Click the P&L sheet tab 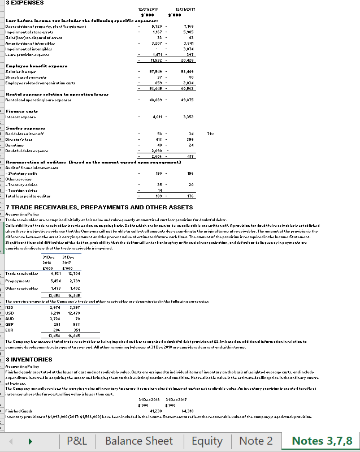[x=81, y=441]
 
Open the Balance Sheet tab [x=139, y=441]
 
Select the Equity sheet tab [x=207, y=441]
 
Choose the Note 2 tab [x=256, y=441]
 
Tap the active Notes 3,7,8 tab [x=322, y=441]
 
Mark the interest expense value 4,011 [x=157, y=117]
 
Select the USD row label [x=10, y=313]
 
